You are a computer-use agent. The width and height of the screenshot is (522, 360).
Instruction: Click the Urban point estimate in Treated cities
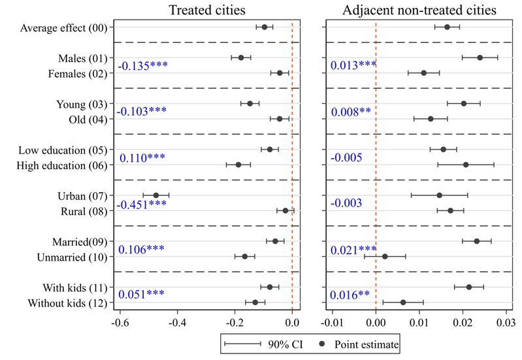pos(156,195)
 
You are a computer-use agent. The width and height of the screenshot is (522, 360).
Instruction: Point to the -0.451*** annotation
pos(142,205)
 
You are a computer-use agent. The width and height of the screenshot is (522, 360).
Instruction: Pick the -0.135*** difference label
pos(142,66)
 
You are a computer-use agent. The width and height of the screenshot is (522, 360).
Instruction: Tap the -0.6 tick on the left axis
pos(120,322)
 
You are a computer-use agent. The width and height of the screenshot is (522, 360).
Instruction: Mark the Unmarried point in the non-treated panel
pos(385,256)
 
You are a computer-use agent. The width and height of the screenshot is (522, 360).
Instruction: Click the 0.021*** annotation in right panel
pos(353,249)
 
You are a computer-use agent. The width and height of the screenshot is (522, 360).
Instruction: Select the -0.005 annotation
pos(346,157)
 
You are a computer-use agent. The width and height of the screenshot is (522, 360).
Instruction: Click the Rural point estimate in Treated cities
pos(285,210)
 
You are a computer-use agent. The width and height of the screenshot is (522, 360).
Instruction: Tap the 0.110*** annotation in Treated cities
pos(142,157)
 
